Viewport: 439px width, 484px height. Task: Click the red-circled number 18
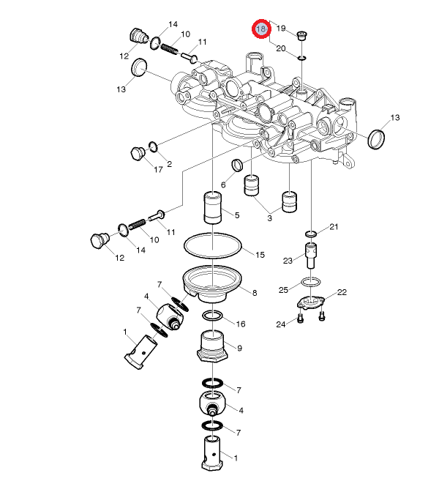261,29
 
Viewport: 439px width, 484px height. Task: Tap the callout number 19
281,29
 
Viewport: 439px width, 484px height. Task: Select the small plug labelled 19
301,35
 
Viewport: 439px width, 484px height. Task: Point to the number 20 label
281,48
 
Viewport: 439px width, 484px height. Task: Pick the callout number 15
260,255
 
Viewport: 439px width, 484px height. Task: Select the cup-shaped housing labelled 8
213,284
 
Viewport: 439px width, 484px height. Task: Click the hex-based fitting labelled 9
212,346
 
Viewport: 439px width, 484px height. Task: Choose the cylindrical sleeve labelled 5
213,207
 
